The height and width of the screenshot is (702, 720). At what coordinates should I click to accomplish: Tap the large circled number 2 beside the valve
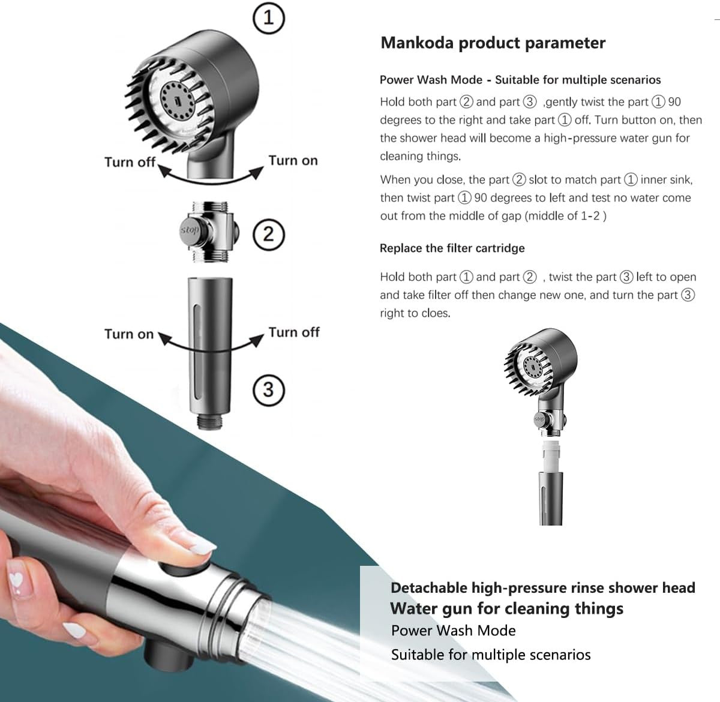(x=268, y=233)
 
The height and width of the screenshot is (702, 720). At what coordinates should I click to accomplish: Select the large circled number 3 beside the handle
(x=268, y=389)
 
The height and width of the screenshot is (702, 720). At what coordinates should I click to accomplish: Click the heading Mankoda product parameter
(x=493, y=43)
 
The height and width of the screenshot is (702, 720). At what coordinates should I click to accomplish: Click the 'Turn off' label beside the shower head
(x=130, y=162)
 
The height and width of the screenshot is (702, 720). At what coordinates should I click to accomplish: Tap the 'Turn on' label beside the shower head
(x=293, y=160)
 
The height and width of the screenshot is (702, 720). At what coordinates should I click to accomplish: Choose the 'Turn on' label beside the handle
(x=129, y=334)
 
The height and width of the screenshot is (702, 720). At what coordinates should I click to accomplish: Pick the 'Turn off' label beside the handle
(x=294, y=332)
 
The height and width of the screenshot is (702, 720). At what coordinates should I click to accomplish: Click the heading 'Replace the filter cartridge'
(x=452, y=248)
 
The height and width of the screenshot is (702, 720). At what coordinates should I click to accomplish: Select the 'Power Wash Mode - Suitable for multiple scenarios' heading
(x=520, y=80)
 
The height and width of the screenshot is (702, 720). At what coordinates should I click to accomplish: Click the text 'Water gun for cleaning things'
(x=506, y=608)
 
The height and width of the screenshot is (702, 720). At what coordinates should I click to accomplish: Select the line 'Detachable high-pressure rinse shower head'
(x=542, y=587)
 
